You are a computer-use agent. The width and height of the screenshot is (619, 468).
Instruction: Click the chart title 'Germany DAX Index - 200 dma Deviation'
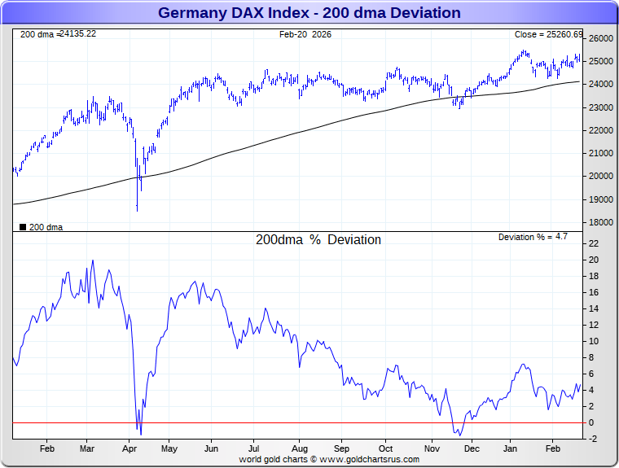(x=309, y=13)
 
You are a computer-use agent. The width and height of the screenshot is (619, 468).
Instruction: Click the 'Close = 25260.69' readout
(x=548, y=34)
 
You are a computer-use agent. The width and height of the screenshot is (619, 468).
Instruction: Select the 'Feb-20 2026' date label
(x=305, y=34)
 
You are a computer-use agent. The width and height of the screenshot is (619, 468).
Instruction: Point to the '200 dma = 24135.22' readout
(x=58, y=34)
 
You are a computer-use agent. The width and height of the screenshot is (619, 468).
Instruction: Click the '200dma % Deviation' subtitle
(x=318, y=240)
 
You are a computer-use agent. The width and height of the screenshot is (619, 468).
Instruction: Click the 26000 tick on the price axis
(x=601, y=39)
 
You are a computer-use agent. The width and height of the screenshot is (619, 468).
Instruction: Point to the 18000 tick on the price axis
(x=601, y=222)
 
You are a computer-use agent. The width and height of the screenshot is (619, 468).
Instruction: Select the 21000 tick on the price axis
(x=601, y=153)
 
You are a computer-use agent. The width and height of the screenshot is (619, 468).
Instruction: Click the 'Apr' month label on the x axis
(x=129, y=448)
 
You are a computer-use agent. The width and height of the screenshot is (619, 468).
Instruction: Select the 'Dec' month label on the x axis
(x=472, y=448)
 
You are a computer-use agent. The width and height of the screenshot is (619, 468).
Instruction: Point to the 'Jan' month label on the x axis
(x=512, y=448)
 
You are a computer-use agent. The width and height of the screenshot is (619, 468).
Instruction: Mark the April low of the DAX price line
(x=137, y=210)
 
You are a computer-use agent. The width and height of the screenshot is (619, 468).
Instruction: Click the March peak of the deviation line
(x=93, y=261)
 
